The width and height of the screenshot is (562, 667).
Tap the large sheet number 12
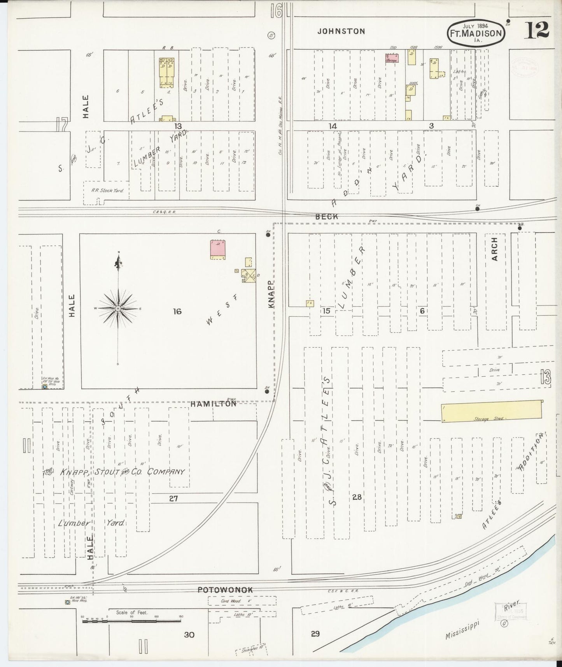click(537, 30)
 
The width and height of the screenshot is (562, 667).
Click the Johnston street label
click(341, 32)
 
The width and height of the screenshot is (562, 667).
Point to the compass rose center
click(118, 308)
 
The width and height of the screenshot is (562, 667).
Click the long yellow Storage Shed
click(492, 411)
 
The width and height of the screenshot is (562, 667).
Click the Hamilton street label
click(213, 404)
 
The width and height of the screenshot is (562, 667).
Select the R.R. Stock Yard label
click(107, 191)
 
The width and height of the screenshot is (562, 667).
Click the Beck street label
click(327, 216)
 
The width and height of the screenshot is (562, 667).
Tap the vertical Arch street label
click(494, 249)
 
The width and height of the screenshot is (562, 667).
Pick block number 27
click(173, 498)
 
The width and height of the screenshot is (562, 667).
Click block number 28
click(357, 497)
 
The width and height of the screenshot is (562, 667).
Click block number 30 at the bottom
click(189, 635)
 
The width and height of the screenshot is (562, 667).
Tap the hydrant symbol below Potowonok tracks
click(67, 602)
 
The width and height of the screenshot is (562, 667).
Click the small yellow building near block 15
click(310, 303)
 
